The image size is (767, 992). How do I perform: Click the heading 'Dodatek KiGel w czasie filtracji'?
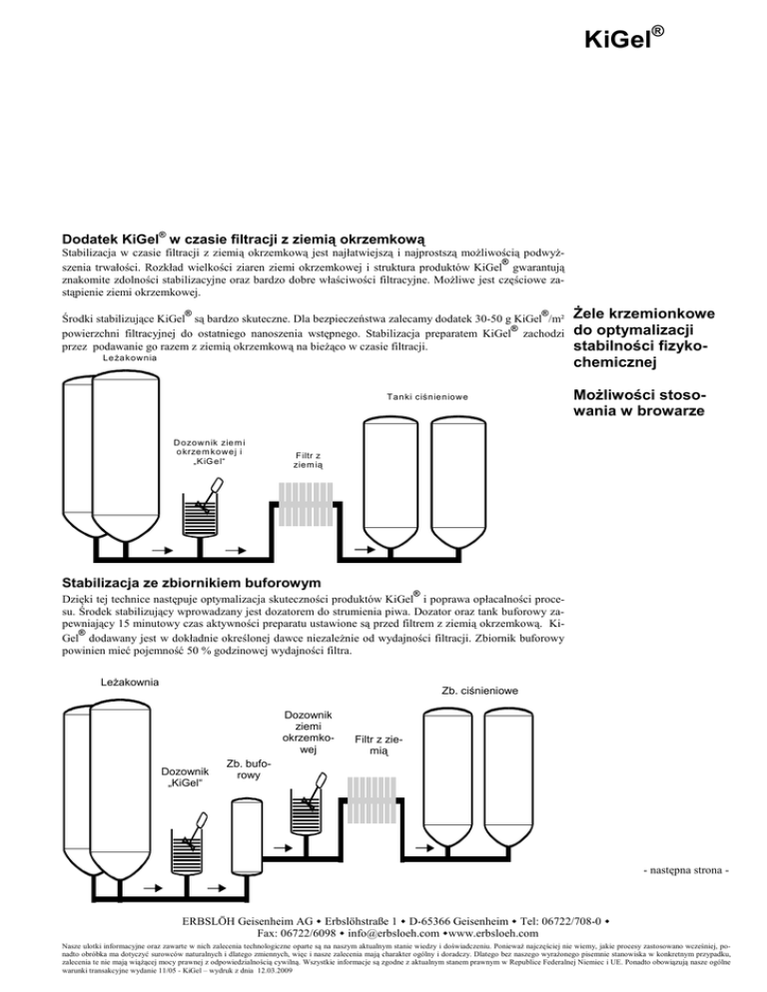point(246,240)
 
